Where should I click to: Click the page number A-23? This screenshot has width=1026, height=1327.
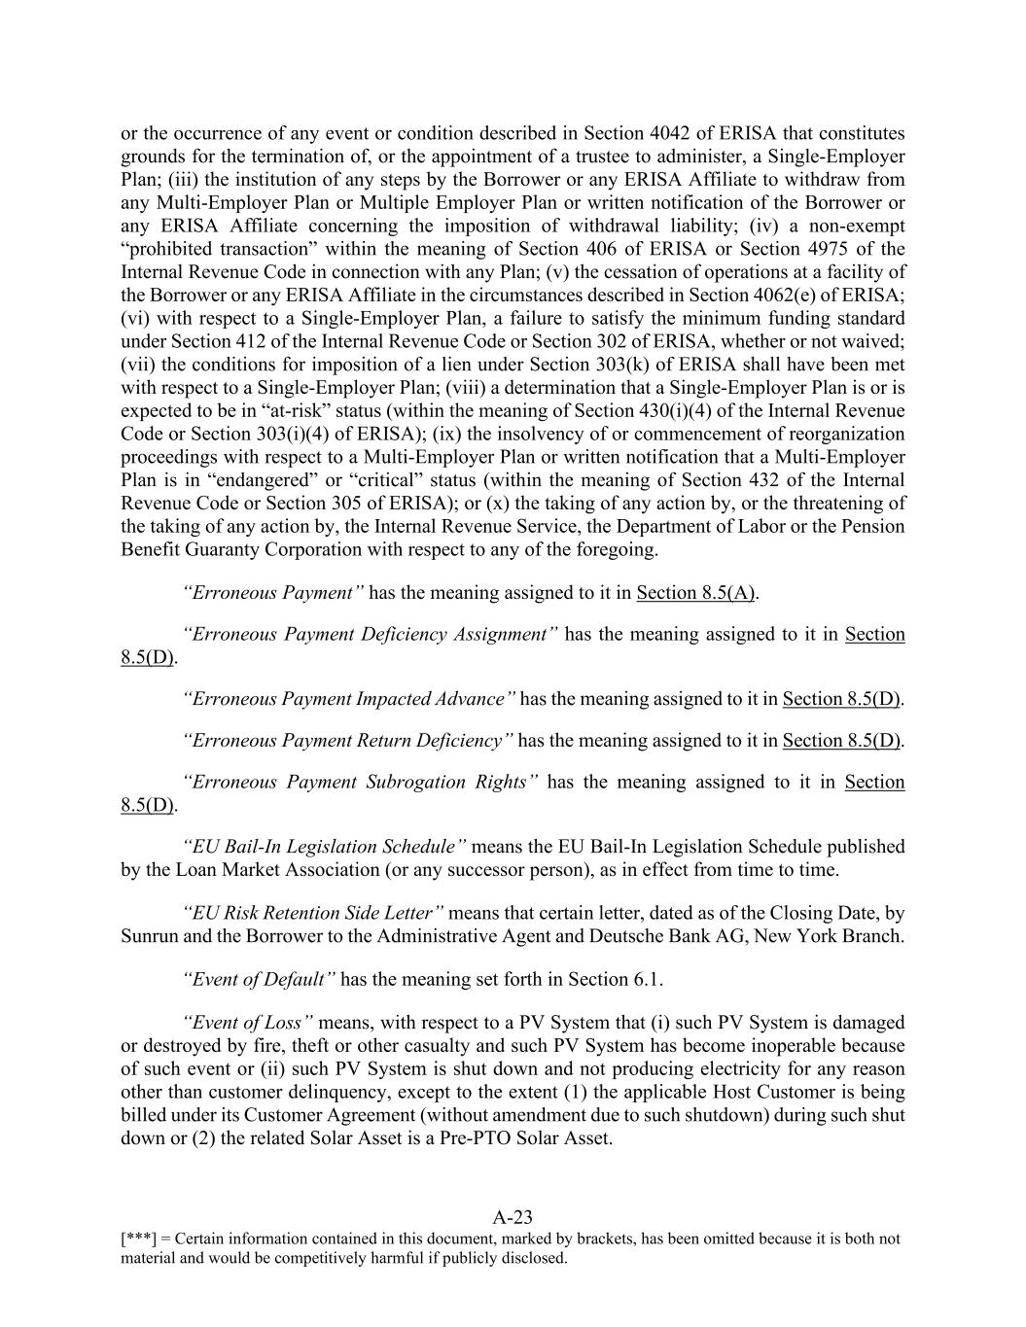[513, 1217]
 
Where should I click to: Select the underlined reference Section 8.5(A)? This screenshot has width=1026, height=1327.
[696, 593]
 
